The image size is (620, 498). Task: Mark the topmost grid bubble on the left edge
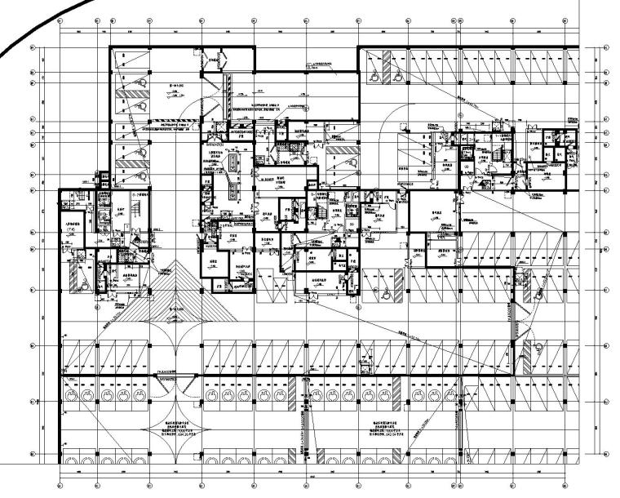[x=33, y=47]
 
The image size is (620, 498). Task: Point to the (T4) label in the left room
[x=72, y=230]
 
